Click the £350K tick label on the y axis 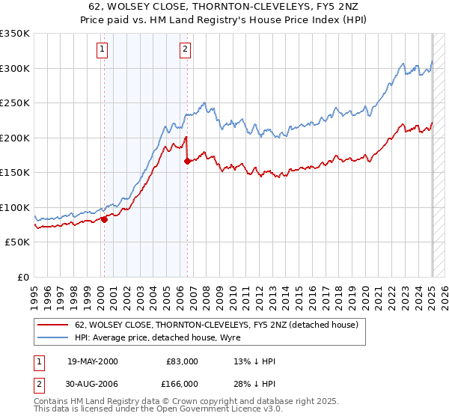pyautogui.click(x=15, y=34)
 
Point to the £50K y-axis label pyautogui.click(x=18, y=242)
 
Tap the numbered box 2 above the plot pyautogui.click(x=184, y=50)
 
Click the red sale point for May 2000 pyautogui.click(x=105, y=219)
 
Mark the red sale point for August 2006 pyautogui.click(x=187, y=162)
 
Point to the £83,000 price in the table pyautogui.click(x=182, y=361)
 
